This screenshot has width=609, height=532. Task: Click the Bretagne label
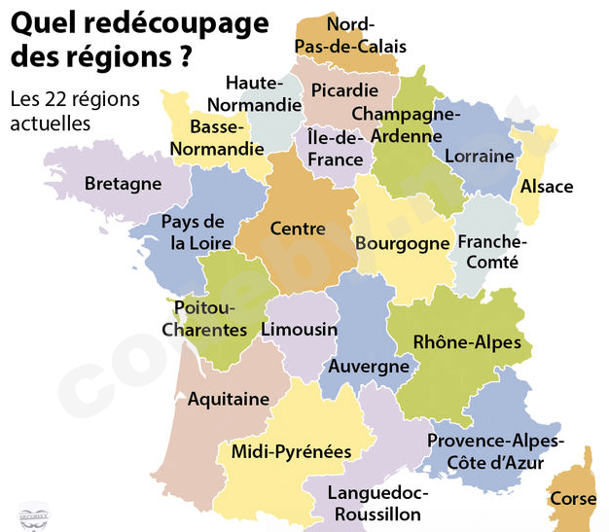tap(123, 184)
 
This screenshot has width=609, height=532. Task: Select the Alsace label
tap(547, 187)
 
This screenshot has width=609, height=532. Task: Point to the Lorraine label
tap(478, 156)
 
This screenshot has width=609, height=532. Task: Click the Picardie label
tap(344, 90)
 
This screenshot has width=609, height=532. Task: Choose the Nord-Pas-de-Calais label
tap(367, 35)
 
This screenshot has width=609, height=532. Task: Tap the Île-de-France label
tap(334, 149)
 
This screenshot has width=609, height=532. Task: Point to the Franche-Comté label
tap(492, 252)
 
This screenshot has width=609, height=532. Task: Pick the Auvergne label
tap(369, 367)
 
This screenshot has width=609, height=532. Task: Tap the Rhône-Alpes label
tap(467, 342)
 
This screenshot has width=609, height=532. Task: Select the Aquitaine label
tap(228, 399)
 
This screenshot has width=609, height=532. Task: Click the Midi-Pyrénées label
tap(292, 451)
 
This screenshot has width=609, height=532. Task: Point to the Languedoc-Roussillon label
tap(375, 503)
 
